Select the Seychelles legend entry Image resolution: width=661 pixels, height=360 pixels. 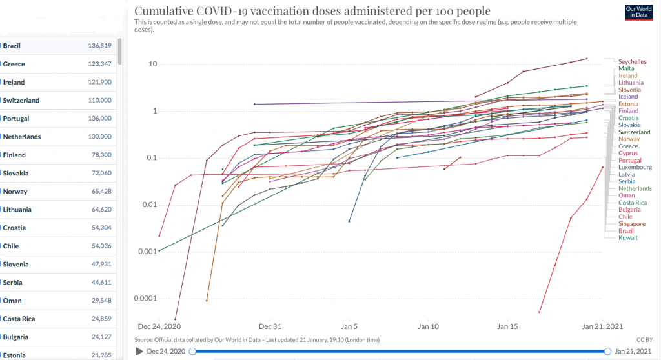[633, 61]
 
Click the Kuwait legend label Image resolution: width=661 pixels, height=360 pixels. [628, 238]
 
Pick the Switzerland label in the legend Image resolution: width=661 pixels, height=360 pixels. [634, 132]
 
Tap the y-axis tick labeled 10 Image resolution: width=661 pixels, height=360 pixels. [153, 65]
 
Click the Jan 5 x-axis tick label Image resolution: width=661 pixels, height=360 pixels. [349, 326]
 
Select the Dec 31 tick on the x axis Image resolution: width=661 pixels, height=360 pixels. [270, 326]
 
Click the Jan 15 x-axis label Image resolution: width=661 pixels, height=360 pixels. [507, 326]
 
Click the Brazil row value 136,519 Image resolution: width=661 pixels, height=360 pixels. [100, 46]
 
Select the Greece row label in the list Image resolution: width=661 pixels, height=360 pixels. [14, 64]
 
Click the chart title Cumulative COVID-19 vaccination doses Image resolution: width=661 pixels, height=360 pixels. [312, 11]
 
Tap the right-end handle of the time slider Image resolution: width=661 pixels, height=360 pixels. [607, 351]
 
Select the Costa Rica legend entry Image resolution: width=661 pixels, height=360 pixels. [633, 203]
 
